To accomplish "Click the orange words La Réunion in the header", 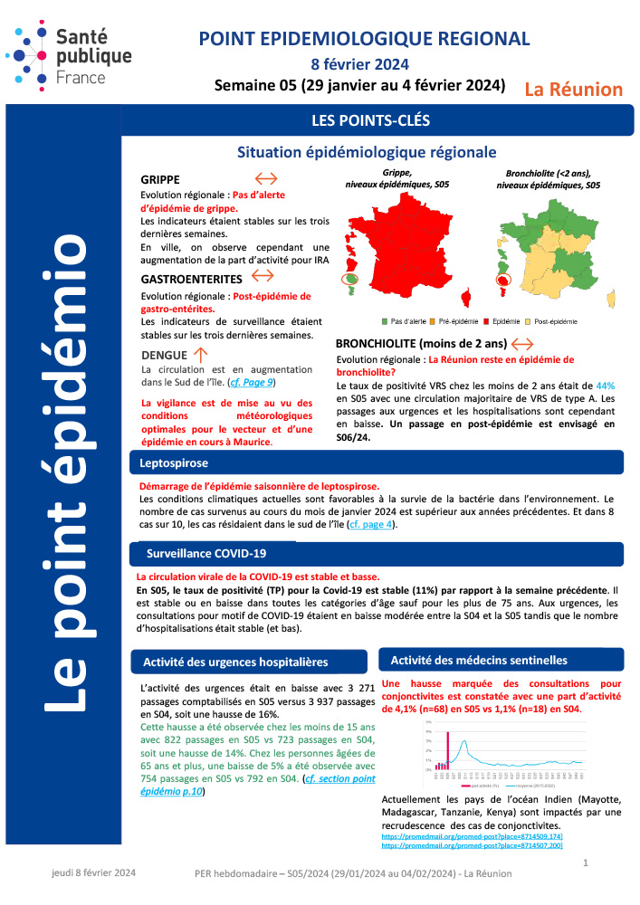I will (574, 89).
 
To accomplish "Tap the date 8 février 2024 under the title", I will (359, 64).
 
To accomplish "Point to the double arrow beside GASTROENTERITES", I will (262, 274).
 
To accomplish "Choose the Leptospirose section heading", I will (174, 463).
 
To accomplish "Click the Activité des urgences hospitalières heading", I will (235, 662).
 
